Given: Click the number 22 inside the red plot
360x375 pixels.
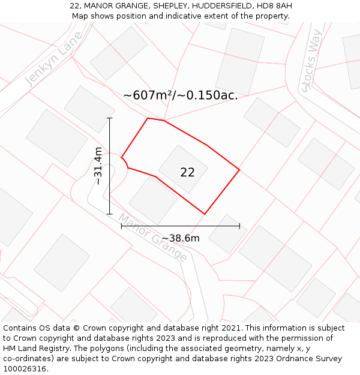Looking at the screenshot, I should point(187,173).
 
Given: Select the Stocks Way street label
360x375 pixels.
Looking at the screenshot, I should point(312,67).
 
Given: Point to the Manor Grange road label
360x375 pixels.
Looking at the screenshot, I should point(152,238).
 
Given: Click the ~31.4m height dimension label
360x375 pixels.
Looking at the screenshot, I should point(98,166).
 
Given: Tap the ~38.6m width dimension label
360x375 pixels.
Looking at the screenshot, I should point(180,238).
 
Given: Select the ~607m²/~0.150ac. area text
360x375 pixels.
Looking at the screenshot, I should point(180,95).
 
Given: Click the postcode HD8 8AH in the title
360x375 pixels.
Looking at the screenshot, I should point(275,6).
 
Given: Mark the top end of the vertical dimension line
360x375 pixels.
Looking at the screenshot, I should point(110,118).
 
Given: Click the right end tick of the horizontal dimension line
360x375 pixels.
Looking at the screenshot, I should point(239,226).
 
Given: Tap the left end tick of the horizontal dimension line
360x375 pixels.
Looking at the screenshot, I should point(122,226).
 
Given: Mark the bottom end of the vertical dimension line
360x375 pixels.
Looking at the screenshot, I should point(110,214).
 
